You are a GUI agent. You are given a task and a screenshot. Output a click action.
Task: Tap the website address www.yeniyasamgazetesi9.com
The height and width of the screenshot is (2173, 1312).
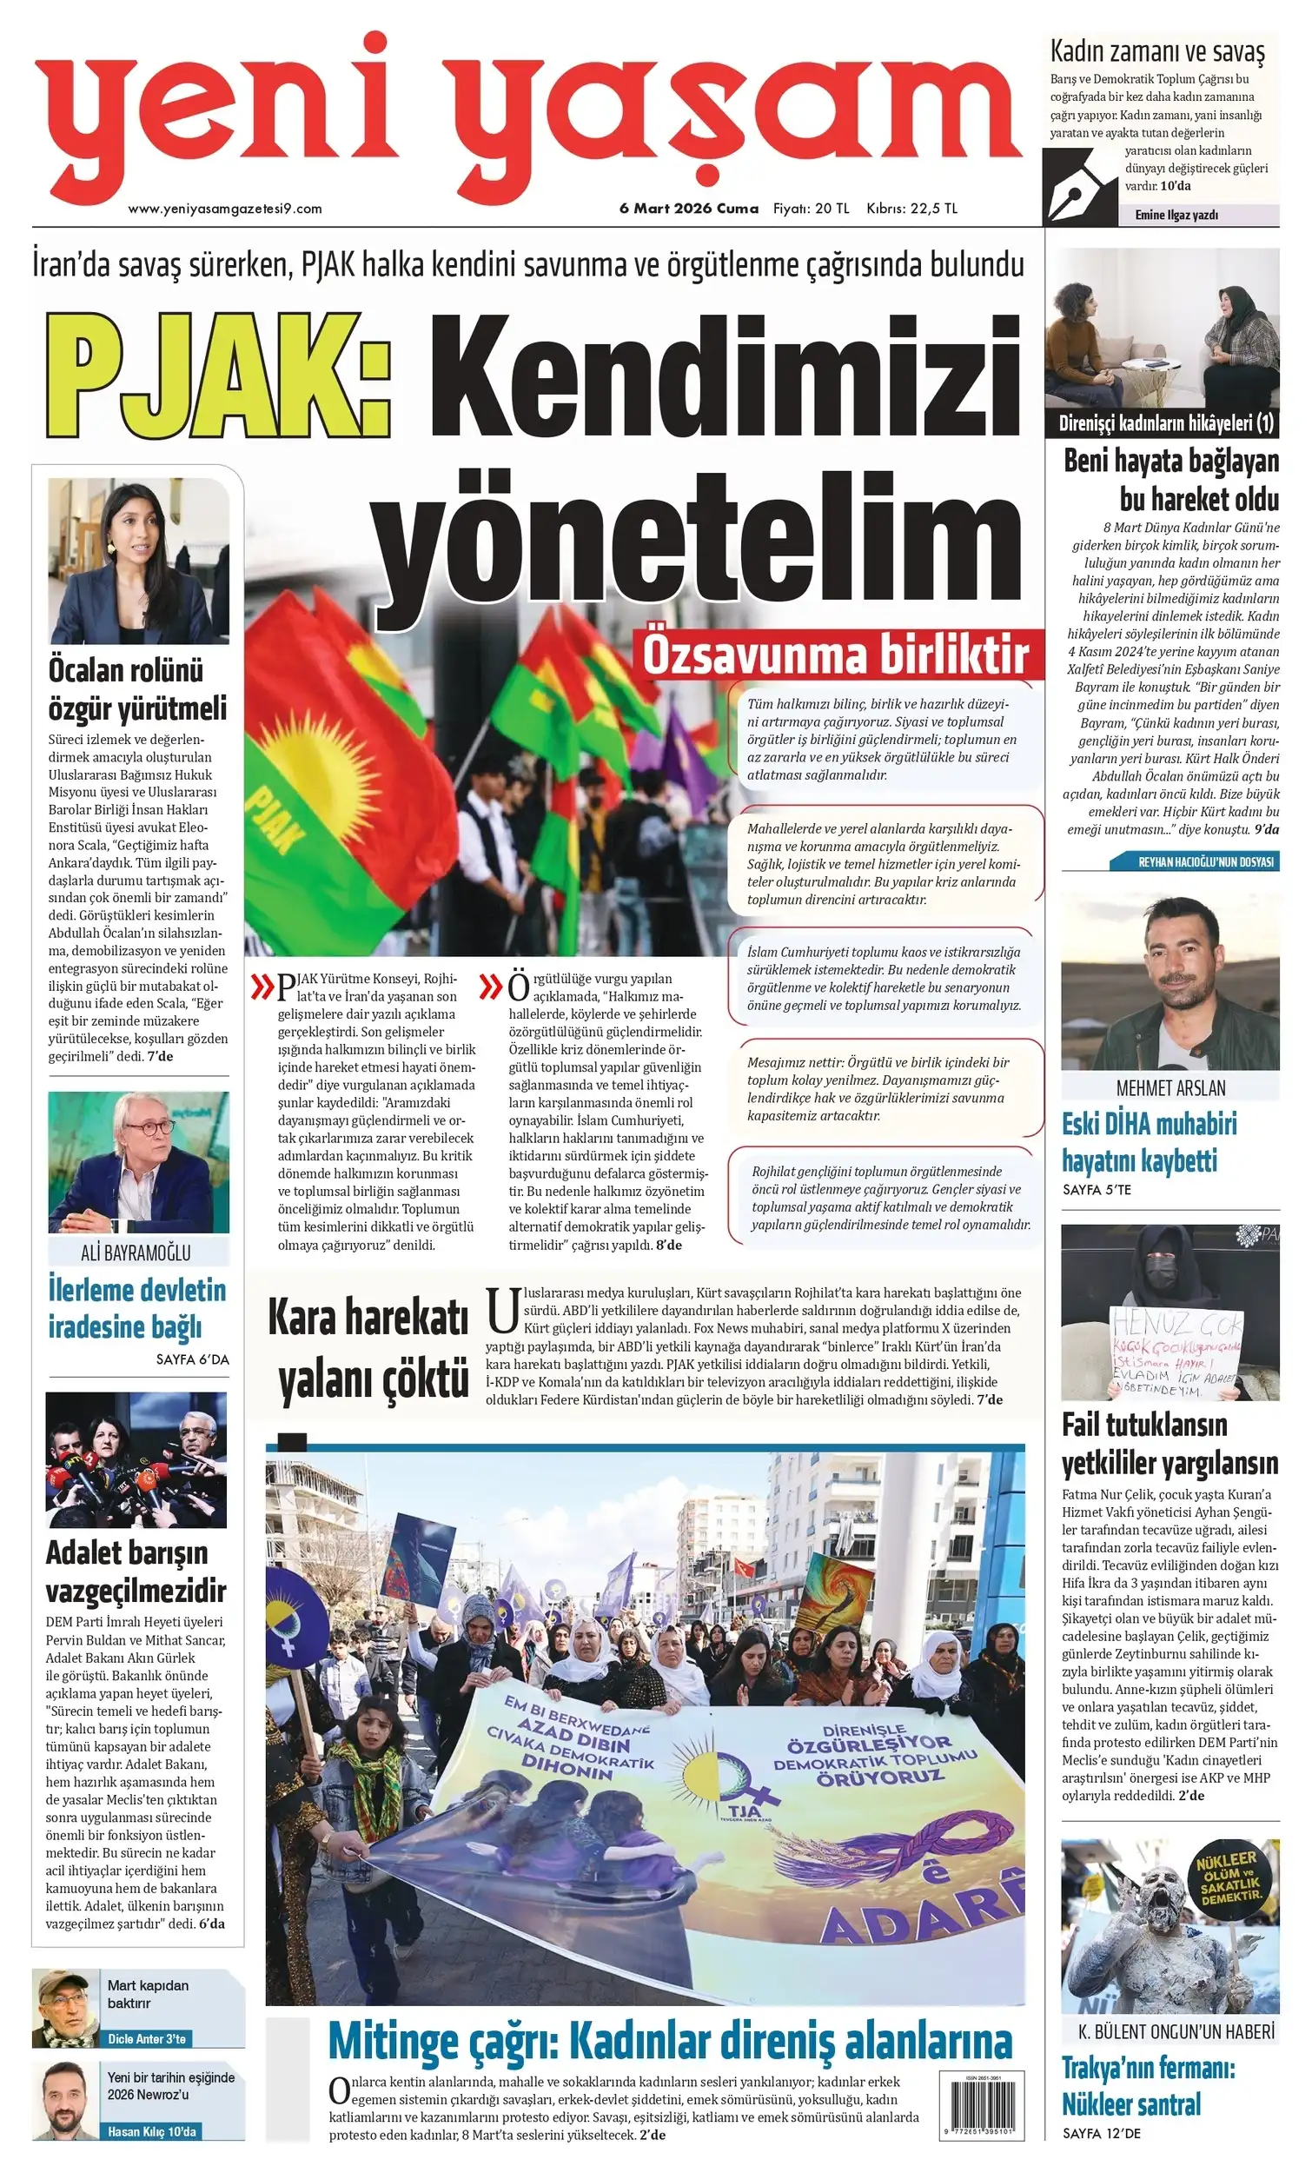pyautogui.click(x=225, y=209)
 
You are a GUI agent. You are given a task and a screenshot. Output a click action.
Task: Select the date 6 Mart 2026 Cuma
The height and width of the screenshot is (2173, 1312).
pyautogui.click(x=688, y=209)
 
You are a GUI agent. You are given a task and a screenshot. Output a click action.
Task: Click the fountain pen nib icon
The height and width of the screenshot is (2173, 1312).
pyautogui.click(x=1081, y=186)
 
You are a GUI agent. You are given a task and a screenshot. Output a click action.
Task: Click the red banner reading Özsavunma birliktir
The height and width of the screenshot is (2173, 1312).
pyautogui.click(x=835, y=655)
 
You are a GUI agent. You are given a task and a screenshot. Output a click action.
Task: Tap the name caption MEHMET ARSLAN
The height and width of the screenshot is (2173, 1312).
pyautogui.click(x=1170, y=1087)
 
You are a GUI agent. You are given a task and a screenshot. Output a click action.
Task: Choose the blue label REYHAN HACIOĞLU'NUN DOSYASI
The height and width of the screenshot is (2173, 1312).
pyautogui.click(x=1205, y=861)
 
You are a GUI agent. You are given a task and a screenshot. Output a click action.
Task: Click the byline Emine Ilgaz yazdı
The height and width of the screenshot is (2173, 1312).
pyautogui.click(x=1176, y=215)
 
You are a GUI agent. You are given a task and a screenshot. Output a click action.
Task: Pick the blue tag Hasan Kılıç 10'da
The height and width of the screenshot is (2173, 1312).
pyautogui.click(x=151, y=2131)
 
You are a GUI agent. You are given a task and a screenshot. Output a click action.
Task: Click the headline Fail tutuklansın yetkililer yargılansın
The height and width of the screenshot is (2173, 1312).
pyautogui.click(x=1170, y=1445)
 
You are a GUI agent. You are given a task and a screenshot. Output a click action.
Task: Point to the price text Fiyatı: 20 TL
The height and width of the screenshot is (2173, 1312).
pyautogui.click(x=811, y=209)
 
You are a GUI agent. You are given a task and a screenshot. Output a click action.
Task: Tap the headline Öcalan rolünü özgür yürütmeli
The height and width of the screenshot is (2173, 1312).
pyautogui.click(x=137, y=689)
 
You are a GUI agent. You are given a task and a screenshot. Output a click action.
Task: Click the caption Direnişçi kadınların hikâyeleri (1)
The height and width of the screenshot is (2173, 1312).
pyautogui.click(x=1166, y=423)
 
